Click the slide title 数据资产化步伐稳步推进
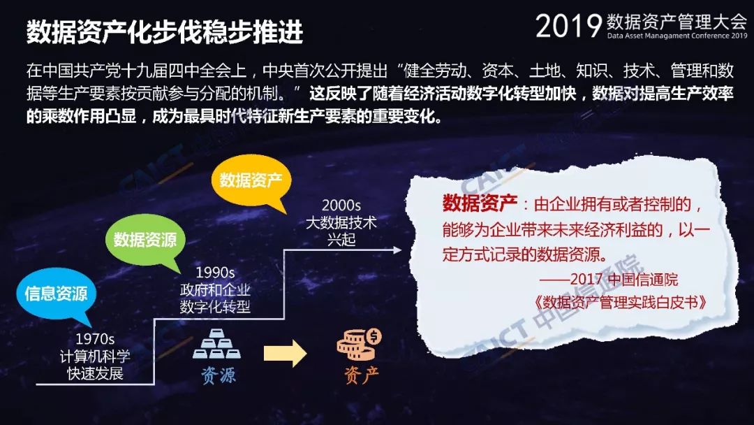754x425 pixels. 165,31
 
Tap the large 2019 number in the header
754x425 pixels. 568,25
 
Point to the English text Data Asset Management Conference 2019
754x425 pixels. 677,36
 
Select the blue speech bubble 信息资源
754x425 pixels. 56,294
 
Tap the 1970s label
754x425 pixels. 95,339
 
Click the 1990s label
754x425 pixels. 215,273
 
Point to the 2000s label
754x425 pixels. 341,206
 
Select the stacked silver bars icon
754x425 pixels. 217,344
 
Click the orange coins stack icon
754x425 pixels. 359,343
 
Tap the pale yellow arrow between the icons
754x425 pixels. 285,354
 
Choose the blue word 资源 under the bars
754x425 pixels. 218,375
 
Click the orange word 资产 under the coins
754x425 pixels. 361,375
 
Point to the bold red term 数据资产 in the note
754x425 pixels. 480,203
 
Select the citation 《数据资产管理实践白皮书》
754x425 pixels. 620,302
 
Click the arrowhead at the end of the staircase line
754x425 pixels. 397,250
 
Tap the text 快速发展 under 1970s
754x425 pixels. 95,373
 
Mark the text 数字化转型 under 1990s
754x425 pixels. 215,307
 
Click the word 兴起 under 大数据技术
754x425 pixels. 341,240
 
